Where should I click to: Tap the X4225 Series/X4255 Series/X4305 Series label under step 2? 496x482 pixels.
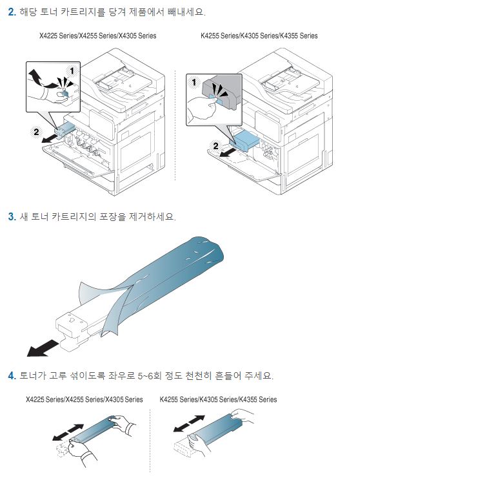coord(98,36)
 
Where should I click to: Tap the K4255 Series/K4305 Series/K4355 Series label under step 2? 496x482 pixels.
coord(259,36)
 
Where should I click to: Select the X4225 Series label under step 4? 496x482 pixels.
coord(84,400)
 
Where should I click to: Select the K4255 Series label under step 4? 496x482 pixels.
coord(218,400)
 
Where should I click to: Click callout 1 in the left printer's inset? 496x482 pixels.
coord(72,69)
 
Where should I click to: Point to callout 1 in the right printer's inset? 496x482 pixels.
coord(192,82)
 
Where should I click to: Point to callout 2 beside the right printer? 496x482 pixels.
coord(217,145)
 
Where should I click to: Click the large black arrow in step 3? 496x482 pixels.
coord(46,349)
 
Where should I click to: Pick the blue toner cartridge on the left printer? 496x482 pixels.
coord(65,128)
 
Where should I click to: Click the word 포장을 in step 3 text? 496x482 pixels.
coord(111,216)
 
